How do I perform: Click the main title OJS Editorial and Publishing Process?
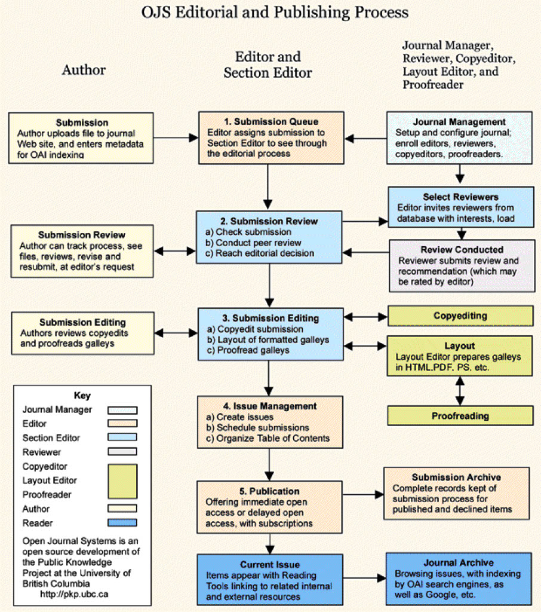(x=275, y=13)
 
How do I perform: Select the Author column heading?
(x=84, y=70)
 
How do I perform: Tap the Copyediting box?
(x=460, y=316)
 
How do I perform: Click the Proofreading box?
(x=460, y=416)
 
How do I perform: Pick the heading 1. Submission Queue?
(x=271, y=121)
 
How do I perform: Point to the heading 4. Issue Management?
(x=270, y=406)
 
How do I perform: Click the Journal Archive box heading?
(x=459, y=562)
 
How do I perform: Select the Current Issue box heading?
(x=270, y=564)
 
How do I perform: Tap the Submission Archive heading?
(x=456, y=477)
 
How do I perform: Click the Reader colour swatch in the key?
(x=122, y=522)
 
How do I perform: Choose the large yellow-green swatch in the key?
(x=122, y=481)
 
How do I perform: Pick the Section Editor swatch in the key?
(x=122, y=437)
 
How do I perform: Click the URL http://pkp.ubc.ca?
(x=74, y=594)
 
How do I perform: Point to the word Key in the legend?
(x=82, y=396)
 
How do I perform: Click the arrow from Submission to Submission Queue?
(x=176, y=137)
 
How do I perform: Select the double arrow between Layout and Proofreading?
(x=460, y=391)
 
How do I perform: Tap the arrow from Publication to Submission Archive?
(x=363, y=494)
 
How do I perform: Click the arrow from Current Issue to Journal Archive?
(x=364, y=578)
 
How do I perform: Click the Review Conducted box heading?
(x=462, y=249)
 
